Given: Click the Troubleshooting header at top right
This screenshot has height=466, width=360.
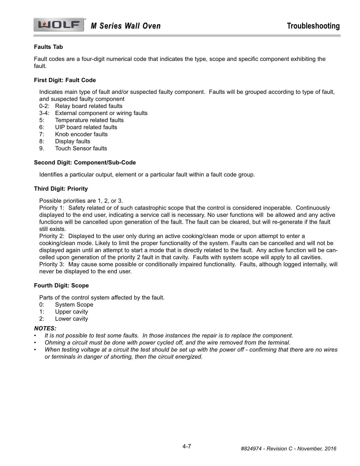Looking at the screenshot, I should (x=313, y=26).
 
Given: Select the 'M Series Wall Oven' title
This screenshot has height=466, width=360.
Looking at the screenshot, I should (x=126, y=26).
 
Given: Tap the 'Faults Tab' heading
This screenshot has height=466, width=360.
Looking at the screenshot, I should (x=48, y=47).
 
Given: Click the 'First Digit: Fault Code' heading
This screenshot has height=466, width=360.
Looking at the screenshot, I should (x=65, y=80).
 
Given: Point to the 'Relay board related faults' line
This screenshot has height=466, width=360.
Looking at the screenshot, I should (x=89, y=106).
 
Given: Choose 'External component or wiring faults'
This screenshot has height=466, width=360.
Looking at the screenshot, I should (x=101, y=113).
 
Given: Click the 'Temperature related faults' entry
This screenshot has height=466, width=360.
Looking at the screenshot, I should (x=89, y=120).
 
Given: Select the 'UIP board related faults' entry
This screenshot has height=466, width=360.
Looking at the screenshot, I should (x=86, y=127).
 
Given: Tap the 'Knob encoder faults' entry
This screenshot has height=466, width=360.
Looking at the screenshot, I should (x=81, y=134).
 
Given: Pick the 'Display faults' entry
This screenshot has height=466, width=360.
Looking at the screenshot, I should (x=72, y=142).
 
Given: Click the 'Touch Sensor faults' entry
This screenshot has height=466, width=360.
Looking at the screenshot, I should (x=81, y=149).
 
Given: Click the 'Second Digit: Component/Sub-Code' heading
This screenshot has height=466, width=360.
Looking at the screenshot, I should (x=85, y=163).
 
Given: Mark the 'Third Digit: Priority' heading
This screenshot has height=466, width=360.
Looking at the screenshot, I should (x=61, y=189).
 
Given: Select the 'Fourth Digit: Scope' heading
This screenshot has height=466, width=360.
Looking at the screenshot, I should (x=61, y=286).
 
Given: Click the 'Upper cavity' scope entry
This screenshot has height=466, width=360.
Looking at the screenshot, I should (x=71, y=312).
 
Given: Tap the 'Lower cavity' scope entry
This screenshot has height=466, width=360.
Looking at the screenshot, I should (x=71, y=319).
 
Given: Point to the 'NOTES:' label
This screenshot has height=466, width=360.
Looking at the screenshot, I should (x=45, y=328).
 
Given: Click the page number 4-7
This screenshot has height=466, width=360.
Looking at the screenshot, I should (x=187, y=446).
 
